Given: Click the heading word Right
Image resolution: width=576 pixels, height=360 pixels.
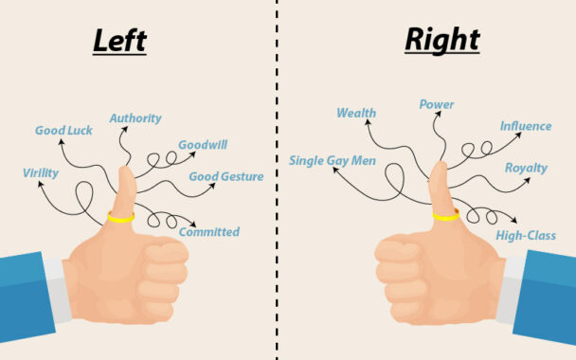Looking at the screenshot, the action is pyautogui.click(x=441, y=41).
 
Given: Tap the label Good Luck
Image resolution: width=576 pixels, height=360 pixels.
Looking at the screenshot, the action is pyautogui.click(x=63, y=130).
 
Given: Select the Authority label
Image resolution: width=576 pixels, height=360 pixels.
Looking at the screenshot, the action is pyautogui.click(x=135, y=118).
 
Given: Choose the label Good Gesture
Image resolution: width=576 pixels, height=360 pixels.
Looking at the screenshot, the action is pyautogui.click(x=225, y=176).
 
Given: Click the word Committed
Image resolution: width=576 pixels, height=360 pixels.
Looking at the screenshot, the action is pyautogui.click(x=209, y=232).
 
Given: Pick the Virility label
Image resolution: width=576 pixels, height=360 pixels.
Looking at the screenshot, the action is pyautogui.click(x=42, y=173).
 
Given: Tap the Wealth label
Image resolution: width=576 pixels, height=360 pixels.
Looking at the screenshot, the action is pyautogui.click(x=356, y=114).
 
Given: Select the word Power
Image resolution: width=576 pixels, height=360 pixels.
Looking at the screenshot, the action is pyautogui.click(x=437, y=105).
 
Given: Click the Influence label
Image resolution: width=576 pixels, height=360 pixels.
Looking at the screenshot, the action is pyautogui.click(x=526, y=125).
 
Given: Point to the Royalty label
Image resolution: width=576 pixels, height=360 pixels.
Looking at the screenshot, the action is pyautogui.click(x=526, y=168).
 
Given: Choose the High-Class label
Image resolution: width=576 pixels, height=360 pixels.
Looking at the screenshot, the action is pyautogui.click(x=526, y=235).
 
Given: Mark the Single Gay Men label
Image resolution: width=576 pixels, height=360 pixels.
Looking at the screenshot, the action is pyautogui.click(x=333, y=161).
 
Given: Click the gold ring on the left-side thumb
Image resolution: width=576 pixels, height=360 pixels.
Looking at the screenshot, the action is pyautogui.click(x=120, y=217).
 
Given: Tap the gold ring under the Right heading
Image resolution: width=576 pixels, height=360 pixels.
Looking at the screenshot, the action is pyautogui.click(x=444, y=215).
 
